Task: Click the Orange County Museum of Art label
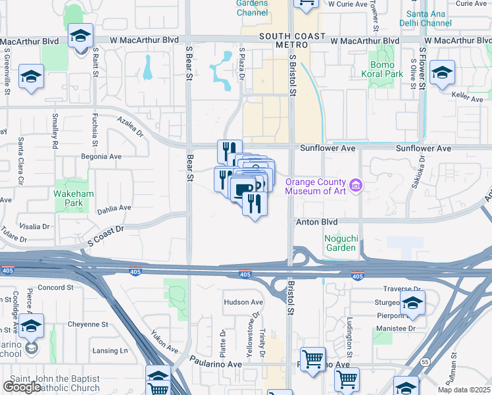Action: coord(315,186)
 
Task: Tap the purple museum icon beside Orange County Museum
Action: coord(357,186)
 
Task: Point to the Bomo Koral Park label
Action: coord(382,70)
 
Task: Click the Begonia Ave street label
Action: coord(101,157)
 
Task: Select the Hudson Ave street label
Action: coord(243,302)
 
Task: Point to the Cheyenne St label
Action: coord(88,325)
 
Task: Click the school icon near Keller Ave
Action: coord(442,73)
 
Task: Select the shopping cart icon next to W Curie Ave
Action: coord(306,4)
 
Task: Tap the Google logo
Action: coord(22,387)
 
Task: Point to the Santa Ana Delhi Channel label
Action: coord(425,18)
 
